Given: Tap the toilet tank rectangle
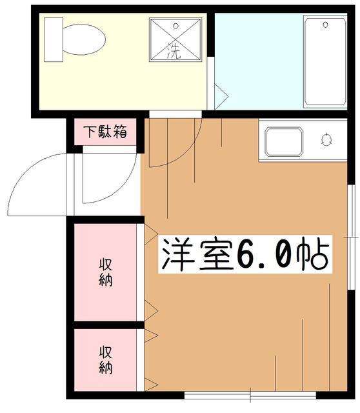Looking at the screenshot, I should click(53, 39).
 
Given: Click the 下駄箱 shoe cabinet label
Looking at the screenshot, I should click(105, 133).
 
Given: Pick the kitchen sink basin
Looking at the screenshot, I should click(284, 143).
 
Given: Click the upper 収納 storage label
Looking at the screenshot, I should click(106, 272).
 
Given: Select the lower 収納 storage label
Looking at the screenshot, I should click(106, 360).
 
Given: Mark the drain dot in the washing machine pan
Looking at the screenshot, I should click(175, 25).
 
